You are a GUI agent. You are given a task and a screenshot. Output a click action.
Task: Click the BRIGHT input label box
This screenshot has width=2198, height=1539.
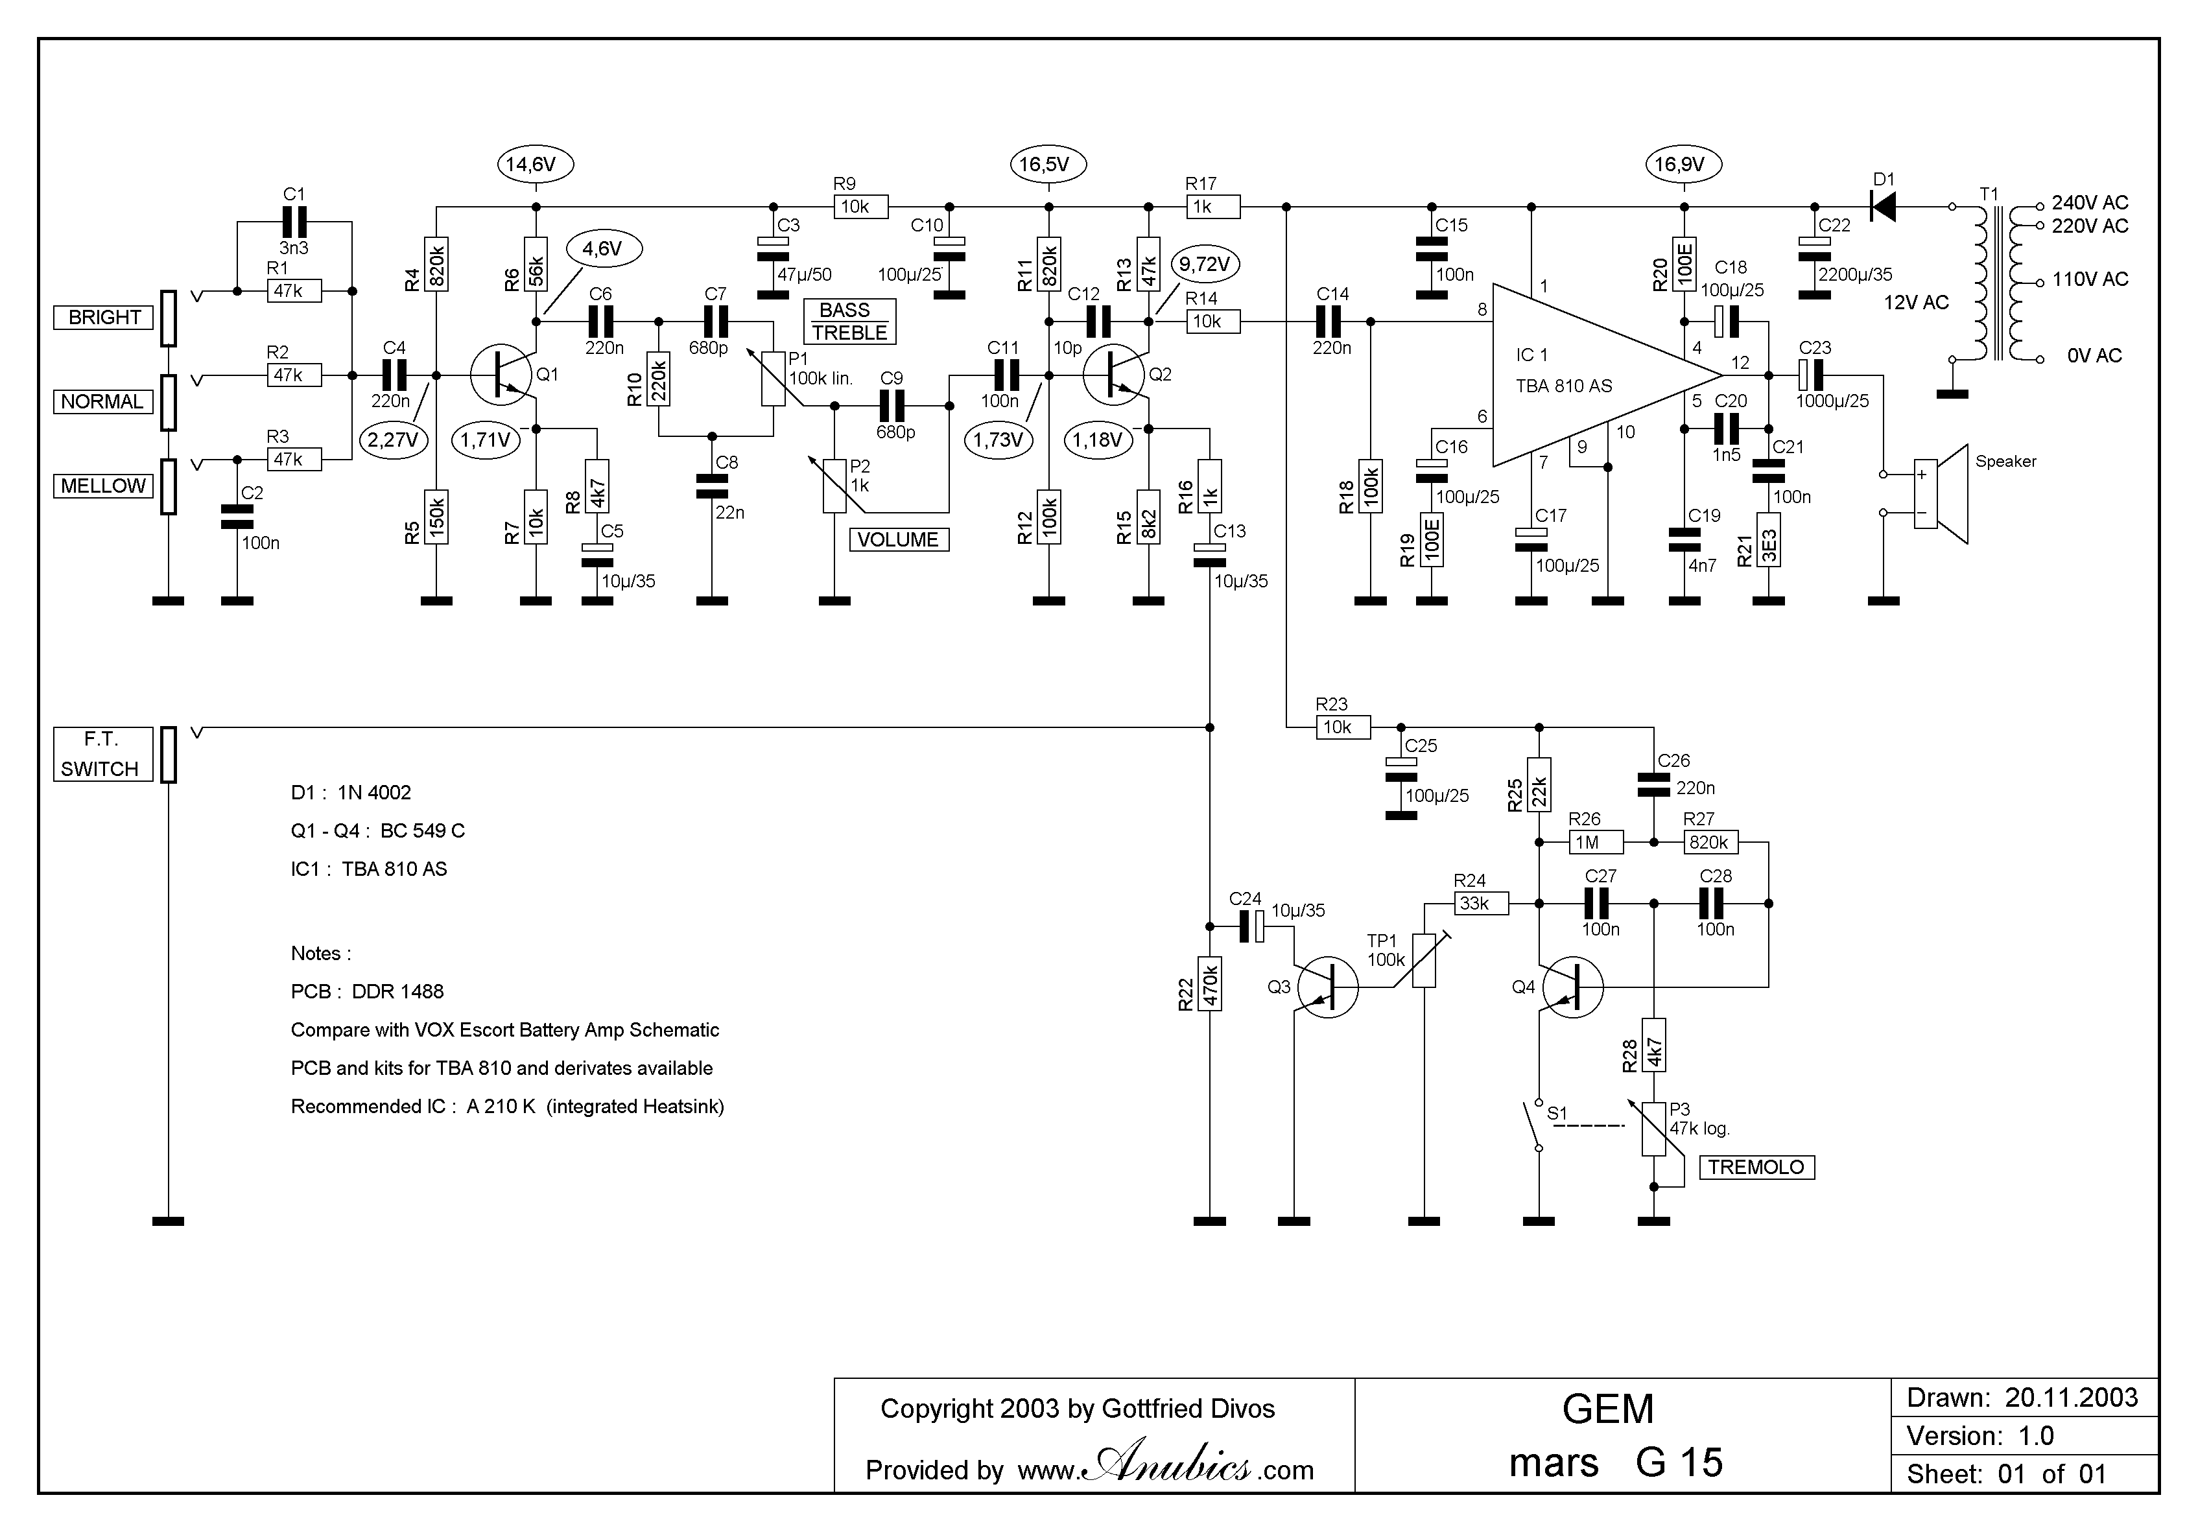point(103,318)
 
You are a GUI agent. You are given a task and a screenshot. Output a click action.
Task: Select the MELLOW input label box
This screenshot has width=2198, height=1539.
point(103,486)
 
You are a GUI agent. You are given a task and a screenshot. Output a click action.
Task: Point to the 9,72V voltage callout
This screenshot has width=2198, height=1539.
point(1204,264)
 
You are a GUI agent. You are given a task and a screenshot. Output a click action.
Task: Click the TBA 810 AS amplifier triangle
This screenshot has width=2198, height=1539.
point(1594,375)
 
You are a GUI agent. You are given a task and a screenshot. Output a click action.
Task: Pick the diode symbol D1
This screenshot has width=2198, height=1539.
point(1883,207)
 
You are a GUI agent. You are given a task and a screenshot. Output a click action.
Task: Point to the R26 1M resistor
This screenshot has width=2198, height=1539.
point(1596,842)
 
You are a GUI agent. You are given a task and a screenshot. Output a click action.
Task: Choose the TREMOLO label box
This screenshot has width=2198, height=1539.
point(1756,1168)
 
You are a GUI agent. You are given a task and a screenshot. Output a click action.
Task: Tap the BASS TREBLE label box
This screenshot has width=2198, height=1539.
point(850,322)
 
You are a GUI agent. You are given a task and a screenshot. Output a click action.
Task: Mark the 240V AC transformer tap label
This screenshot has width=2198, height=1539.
point(2090,203)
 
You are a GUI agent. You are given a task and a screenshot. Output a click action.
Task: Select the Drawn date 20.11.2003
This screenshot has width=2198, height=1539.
point(2072,1397)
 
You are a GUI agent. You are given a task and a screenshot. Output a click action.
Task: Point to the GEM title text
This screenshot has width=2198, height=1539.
point(1608,1409)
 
